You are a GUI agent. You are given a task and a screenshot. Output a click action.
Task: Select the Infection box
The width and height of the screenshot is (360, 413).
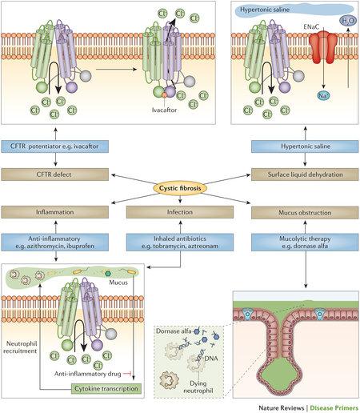click(179, 212)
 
